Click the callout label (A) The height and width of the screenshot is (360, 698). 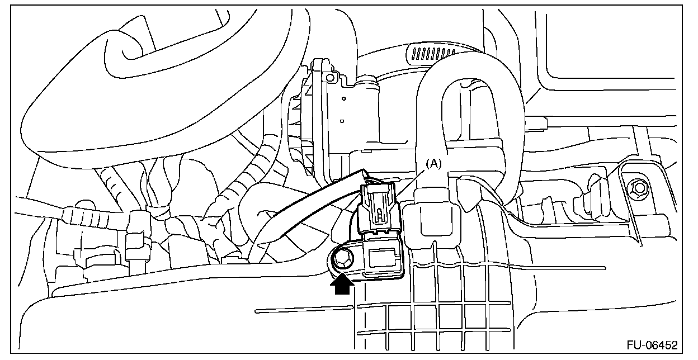click(x=434, y=164)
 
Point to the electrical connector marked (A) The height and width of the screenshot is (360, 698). click(x=379, y=210)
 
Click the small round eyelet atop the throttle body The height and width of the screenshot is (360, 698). click(x=331, y=76)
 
